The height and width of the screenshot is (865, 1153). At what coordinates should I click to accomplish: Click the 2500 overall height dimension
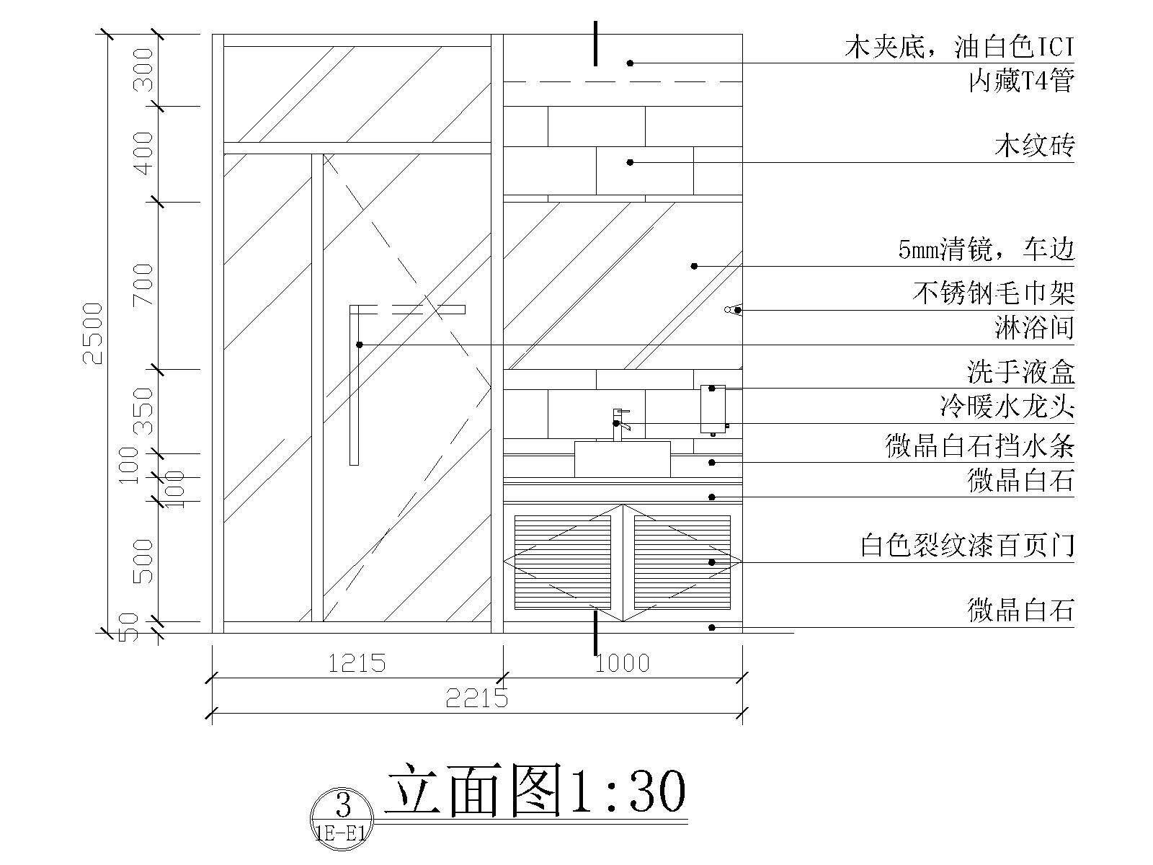94,334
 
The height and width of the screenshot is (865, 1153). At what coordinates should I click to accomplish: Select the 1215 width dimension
357,663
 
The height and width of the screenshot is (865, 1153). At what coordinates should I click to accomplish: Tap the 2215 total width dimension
477,698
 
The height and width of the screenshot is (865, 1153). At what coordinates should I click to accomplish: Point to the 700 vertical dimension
143,285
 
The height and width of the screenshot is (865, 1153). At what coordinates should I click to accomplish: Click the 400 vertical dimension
143,154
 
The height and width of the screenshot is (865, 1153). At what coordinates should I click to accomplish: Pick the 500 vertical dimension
143,562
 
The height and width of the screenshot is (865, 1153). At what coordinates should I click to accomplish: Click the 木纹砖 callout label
1034,146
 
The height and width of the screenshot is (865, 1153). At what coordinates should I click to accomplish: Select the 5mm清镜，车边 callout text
987,249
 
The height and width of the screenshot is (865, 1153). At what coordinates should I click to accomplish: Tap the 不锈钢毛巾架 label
994,293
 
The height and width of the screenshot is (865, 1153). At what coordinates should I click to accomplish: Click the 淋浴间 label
1034,328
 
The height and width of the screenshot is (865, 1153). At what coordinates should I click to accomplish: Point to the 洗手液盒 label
1021,372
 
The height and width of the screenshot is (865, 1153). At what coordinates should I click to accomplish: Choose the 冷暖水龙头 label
1007,407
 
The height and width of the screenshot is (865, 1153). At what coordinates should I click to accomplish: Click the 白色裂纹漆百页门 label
967,546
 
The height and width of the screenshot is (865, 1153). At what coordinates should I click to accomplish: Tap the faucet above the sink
620,425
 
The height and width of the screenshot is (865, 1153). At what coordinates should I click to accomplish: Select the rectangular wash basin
623,459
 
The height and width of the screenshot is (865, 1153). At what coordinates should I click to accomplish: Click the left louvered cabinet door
563,562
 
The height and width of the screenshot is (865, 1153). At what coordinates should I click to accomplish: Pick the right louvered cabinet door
682,562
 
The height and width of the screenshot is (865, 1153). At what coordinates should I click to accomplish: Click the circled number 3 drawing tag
342,820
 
